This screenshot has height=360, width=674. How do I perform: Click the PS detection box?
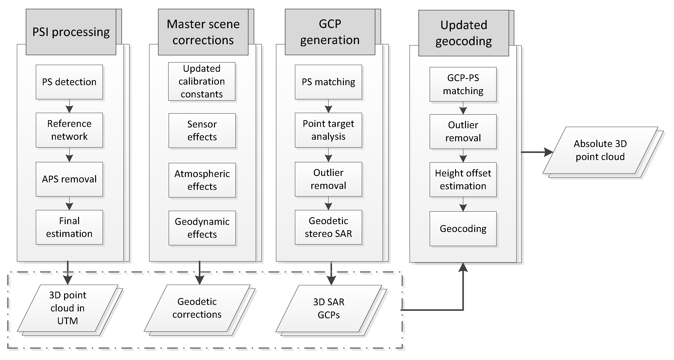pos(69,82)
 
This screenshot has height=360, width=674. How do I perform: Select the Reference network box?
pos(69,130)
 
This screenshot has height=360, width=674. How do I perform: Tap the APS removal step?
pos(69,179)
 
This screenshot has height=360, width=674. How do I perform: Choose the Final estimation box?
pos(69,227)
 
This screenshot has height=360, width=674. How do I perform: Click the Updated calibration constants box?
pos(202,81)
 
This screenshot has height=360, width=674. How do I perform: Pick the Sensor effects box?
pos(202,131)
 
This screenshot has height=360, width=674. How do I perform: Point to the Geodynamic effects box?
pos(202,228)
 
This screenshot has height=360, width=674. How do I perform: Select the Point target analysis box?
pos(328,130)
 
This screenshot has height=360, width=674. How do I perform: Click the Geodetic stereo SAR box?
pos(328,227)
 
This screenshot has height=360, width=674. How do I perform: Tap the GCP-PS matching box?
pos(463,84)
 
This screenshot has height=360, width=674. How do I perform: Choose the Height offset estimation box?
pos(463,180)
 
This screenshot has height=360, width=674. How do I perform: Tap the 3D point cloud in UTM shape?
pos(68,308)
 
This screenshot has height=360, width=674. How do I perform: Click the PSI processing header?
pos(71,32)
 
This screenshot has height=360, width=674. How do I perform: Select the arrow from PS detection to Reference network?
pos(69,106)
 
